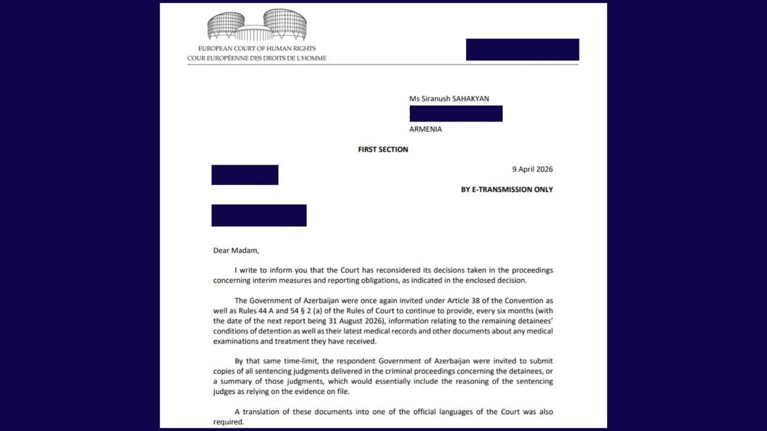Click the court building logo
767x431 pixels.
[x=257, y=25]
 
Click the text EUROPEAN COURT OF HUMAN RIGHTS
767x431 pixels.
[x=257, y=48]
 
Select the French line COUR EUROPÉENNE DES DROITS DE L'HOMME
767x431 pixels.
[x=257, y=58]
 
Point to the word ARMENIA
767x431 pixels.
[x=425, y=129]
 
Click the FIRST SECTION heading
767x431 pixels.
[x=383, y=150]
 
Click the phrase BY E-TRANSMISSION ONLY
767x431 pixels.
[x=506, y=190]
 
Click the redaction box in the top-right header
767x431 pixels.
[x=523, y=50]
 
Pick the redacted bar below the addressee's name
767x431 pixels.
[x=456, y=114]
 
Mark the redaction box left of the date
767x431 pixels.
[x=244, y=175]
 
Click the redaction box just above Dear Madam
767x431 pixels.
[x=259, y=215]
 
